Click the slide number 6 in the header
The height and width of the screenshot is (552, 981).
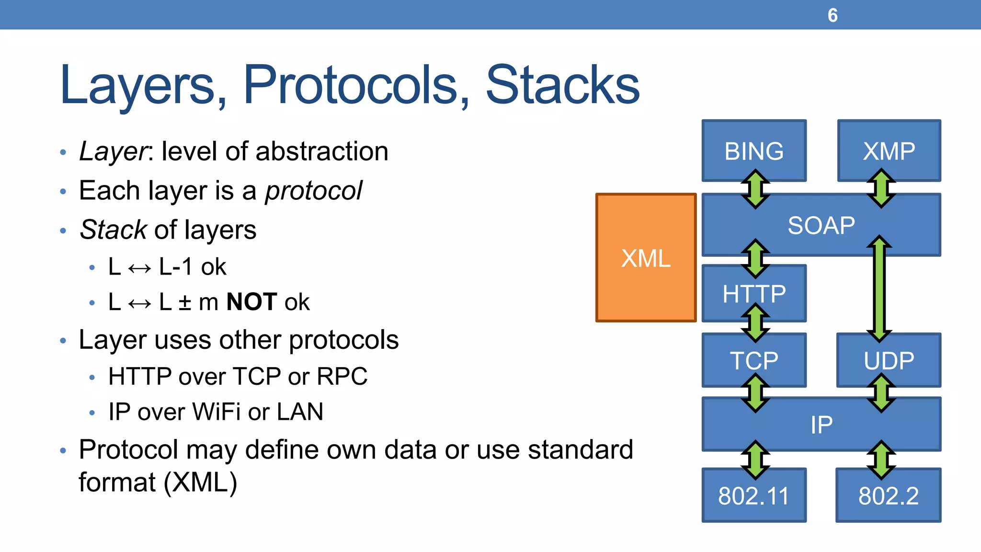click(833, 15)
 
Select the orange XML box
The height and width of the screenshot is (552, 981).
click(646, 258)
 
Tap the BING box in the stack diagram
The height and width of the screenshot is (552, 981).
click(754, 151)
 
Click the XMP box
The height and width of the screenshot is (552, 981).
click(889, 151)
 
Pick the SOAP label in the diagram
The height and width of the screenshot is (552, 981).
click(821, 225)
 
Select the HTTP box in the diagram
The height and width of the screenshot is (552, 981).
click(754, 293)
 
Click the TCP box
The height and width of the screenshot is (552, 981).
click(754, 360)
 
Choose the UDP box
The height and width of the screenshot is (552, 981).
click(889, 360)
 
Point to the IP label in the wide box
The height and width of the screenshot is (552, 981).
click(821, 425)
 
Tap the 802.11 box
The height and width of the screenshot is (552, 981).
click(754, 496)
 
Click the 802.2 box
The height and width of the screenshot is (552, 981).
click(889, 496)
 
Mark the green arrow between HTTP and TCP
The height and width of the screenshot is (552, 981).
click(755, 323)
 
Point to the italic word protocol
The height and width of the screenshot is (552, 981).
click(314, 191)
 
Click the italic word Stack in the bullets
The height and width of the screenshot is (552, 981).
click(114, 230)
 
